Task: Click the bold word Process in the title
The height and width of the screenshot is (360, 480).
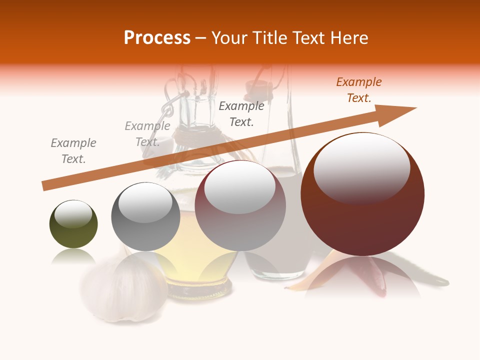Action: pyautogui.click(x=157, y=38)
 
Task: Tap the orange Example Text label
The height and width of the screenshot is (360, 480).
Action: pyautogui.click(x=359, y=90)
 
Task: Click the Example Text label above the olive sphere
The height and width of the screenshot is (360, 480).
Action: pyautogui.click(x=73, y=151)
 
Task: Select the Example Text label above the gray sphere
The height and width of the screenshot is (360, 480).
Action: pyautogui.click(x=147, y=134)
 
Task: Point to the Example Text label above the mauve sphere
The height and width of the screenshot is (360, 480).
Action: pyautogui.click(x=241, y=113)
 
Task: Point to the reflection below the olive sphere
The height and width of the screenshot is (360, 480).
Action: pyautogui.click(x=73, y=257)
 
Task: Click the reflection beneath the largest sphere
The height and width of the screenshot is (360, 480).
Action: pyautogui.click(x=362, y=278)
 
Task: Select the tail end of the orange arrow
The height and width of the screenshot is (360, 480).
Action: pyautogui.click(x=45, y=186)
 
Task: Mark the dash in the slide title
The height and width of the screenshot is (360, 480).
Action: pyautogui.click(x=200, y=38)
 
